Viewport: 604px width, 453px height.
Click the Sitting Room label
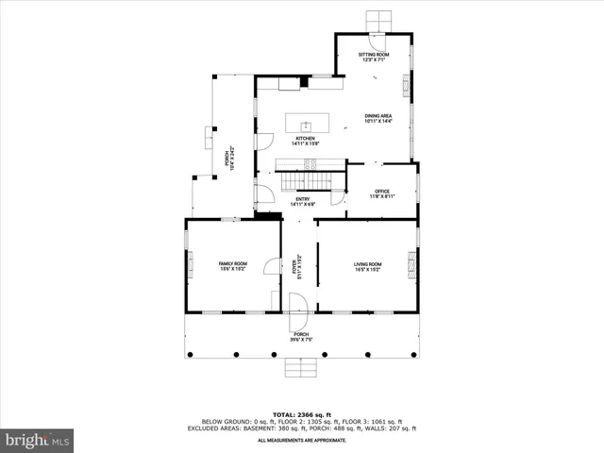pyautogui.click(x=374, y=58)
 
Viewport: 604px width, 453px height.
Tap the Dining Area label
pyautogui.click(x=378, y=118)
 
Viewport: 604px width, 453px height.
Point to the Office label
pyautogui.click(x=381, y=193)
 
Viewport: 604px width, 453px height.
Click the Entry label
pyautogui.click(x=302, y=201)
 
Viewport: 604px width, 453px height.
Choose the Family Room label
pyautogui.click(x=233, y=266)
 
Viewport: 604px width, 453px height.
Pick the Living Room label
pyautogui.click(x=367, y=266)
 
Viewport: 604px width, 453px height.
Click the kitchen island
pyautogui.click(x=306, y=126)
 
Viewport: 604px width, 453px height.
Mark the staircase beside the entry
pyautogui.click(x=305, y=176)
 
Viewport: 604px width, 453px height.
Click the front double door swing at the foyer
pyautogui.click(x=298, y=305)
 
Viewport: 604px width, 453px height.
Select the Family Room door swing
pyautogui.click(x=273, y=266)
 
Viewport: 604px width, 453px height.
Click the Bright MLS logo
pyautogui.click(x=38, y=440)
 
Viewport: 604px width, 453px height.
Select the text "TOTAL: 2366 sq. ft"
pyautogui.click(x=302, y=414)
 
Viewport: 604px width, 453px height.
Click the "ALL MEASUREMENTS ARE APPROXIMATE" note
pyautogui.click(x=302, y=440)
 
